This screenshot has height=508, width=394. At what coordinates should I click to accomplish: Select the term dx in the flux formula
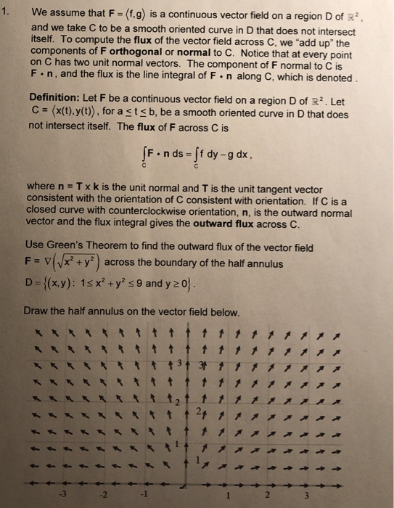tap(244, 154)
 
